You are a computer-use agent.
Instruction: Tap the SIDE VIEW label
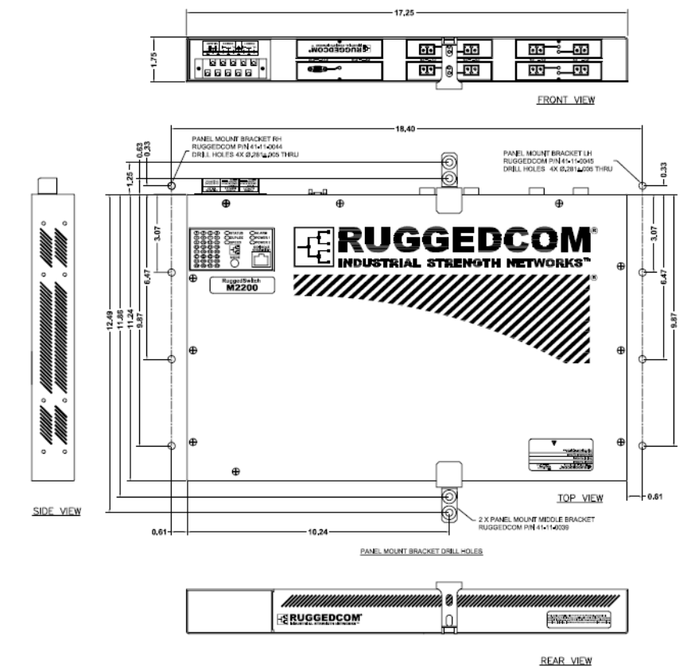(56, 510)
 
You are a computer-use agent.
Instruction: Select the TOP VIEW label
(580, 498)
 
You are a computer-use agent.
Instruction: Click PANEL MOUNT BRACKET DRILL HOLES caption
(421, 550)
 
